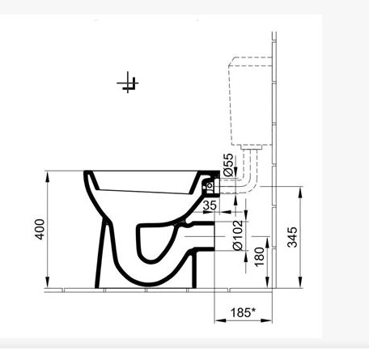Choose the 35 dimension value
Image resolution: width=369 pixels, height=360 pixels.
(210, 206)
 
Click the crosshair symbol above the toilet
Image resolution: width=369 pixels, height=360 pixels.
(129, 83)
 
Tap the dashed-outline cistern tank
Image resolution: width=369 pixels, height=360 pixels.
(250, 101)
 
